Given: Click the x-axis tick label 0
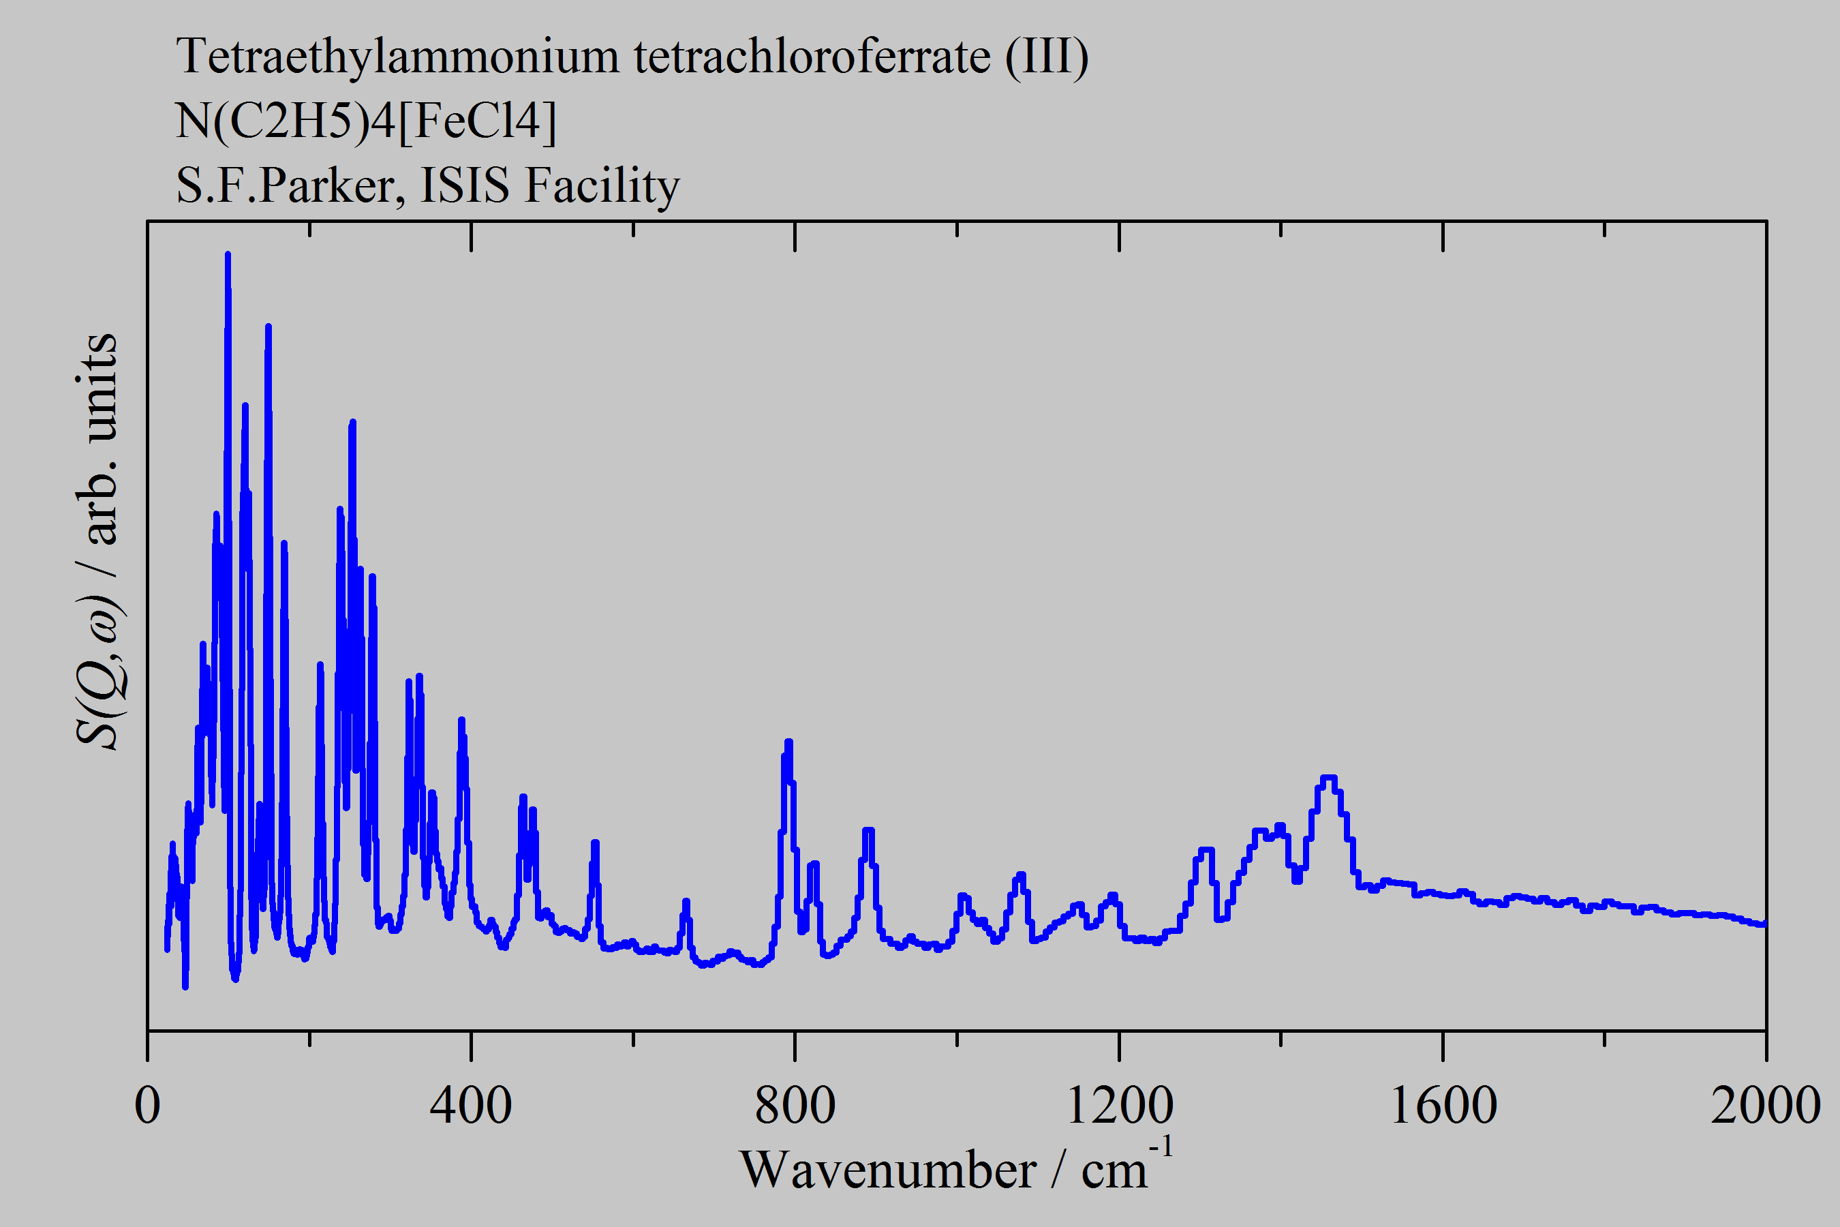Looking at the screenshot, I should pyautogui.click(x=147, y=1106).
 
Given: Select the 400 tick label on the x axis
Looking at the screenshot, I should pyautogui.click(x=471, y=1106).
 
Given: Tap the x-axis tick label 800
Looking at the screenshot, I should pyautogui.click(x=795, y=1106).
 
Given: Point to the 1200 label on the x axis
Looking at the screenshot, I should pyautogui.click(x=1119, y=1106).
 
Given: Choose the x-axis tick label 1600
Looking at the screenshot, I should pyautogui.click(x=1443, y=1106).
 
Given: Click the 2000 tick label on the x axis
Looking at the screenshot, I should pyautogui.click(x=1765, y=1106).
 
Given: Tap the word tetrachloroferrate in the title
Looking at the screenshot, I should pyautogui.click(x=812, y=58).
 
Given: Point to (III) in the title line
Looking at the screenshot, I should pyautogui.click(x=1047, y=58).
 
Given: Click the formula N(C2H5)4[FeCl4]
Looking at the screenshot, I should pyautogui.click(x=366, y=122).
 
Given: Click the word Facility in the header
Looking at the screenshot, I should pyautogui.click(x=602, y=186).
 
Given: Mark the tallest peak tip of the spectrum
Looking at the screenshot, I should pyautogui.click(x=228, y=254).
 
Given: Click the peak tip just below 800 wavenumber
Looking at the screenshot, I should pyautogui.click(x=788, y=742).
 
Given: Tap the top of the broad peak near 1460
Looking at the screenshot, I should pyautogui.click(x=1328, y=778).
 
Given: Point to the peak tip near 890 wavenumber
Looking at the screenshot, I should pyautogui.click(x=868, y=830).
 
